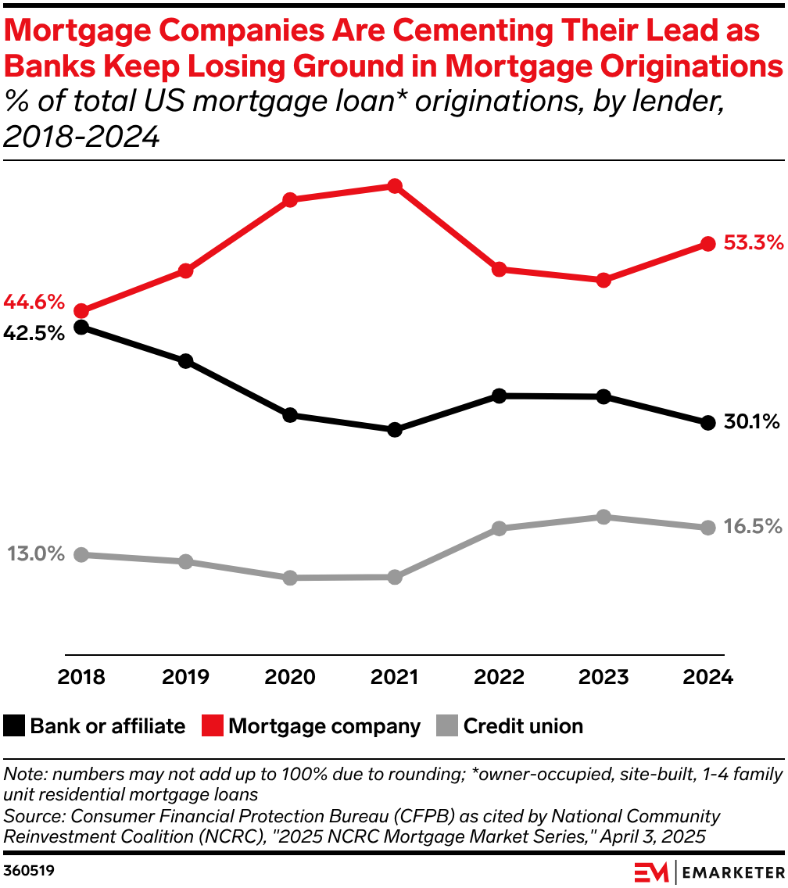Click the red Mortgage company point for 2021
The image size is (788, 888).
pos(395,186)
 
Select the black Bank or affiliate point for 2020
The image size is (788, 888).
pos(290,415)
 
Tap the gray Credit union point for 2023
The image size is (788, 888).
pos(603,517)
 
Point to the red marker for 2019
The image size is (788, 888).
pos(185,271)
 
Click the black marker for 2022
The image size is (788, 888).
pos(499,396)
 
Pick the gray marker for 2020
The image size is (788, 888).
pos(290,578)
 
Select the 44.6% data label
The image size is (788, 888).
pos(34,302)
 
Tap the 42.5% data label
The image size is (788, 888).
pos(34,333)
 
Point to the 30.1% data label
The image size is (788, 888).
pos(751,423)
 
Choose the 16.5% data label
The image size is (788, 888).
pos(752,527)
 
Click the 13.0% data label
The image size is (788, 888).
pos(36,554)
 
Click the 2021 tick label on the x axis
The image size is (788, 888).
pos(395,677)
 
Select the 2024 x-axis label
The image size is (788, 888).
pos(707,677)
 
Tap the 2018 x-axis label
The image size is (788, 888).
pos(81,677)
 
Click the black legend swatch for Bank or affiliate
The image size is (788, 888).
pos(14,726)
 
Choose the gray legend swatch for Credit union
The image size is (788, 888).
pos(446,726)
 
